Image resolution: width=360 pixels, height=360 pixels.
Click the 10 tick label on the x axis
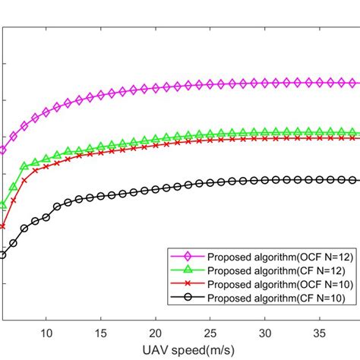pyautogui.click(x=46, y=332)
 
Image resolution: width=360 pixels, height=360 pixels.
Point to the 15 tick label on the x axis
pyautogui.click(x=100, y=332)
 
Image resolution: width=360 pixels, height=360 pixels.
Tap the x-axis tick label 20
pyautogui.click(x=156, y=332)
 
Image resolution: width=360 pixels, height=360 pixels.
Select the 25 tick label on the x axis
pyautogui.click(x=210, y=332)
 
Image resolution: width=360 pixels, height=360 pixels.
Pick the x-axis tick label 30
pyautogui.click(x=265, y=332)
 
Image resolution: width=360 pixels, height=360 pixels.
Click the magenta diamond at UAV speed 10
pyautogui.click(x=46, y=112)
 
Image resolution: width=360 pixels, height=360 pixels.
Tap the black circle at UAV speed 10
pyautogui.click(x=46, y=217)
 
